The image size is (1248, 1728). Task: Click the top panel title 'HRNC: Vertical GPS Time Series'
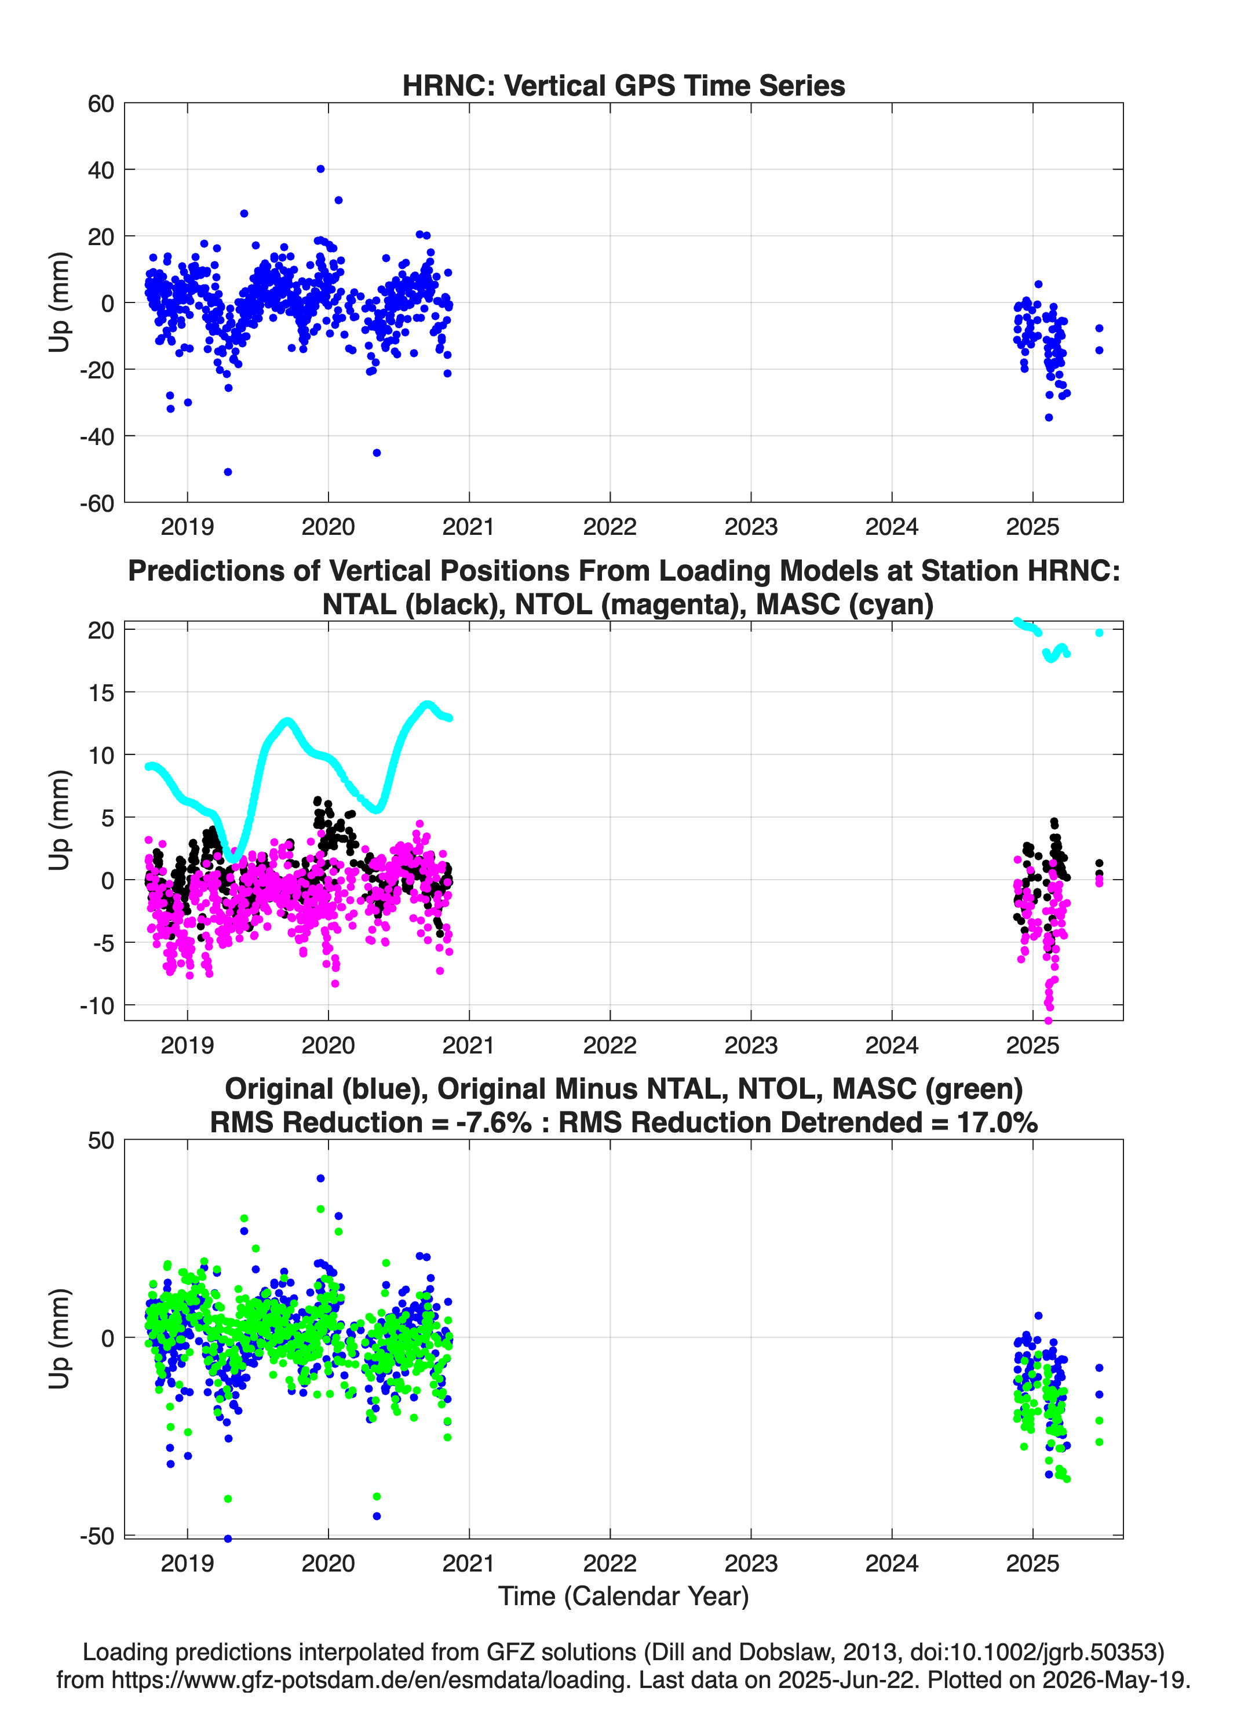coord(623,85)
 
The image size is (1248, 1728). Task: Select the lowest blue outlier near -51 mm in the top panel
coord(228,472)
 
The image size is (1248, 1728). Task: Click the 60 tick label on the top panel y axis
coord(101,104)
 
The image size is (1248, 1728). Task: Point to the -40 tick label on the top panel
coord(97,436)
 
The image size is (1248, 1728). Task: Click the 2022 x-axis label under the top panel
coord(610,527)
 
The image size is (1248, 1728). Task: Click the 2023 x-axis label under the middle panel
coord(750,1045)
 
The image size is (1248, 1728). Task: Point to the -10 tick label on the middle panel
coord(97,1006)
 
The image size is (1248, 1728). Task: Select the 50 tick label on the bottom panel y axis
coord(101,1140)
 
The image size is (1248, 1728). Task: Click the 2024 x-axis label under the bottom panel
coord(892,1563)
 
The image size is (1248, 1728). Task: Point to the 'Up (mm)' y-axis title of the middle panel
coord(60,821)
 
